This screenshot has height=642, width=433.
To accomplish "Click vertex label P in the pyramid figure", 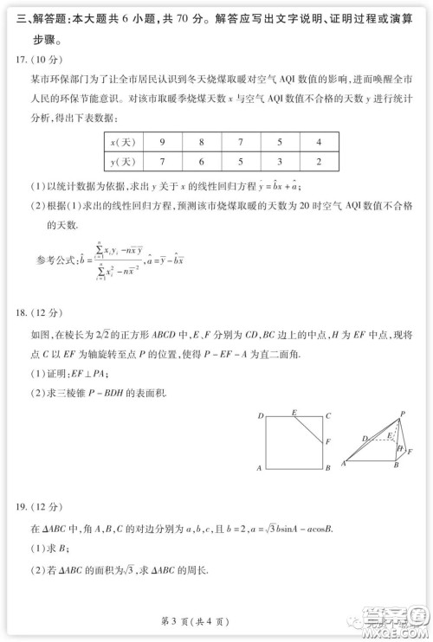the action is click(x=404, y=414).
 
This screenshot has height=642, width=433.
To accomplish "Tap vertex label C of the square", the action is click(x=328, y=416).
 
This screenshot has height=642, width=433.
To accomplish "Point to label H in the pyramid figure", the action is click(x=399, y=449).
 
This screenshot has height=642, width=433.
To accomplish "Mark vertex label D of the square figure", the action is click(x=260, y=416).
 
